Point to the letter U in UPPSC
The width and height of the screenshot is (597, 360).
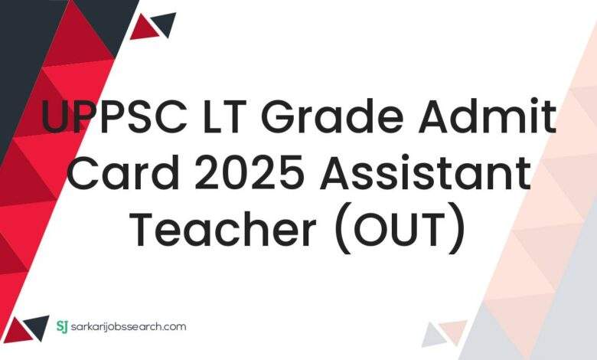coord(56,120)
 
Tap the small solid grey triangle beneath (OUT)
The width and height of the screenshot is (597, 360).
coord(432,334)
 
